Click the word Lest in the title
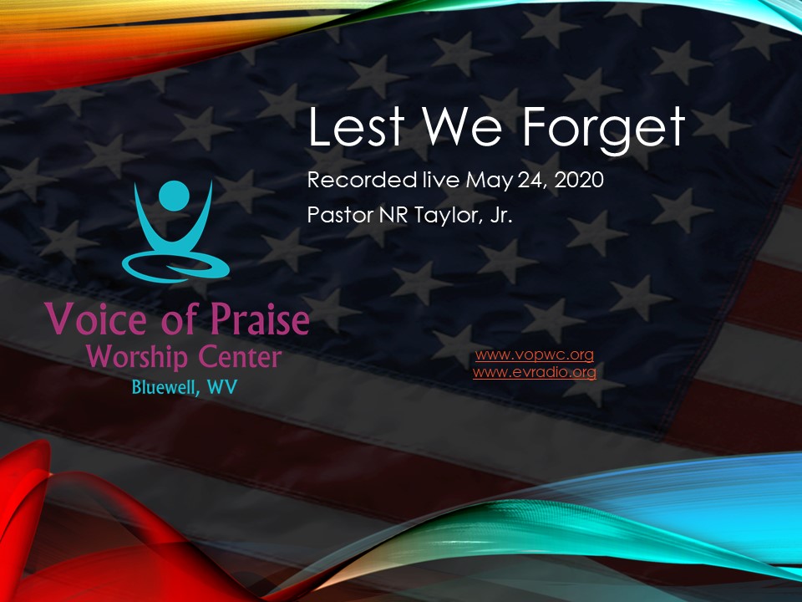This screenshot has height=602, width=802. (x=353, y=129)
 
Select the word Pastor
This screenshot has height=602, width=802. (x=338, y=213)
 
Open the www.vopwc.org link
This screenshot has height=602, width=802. (x=534, y=355)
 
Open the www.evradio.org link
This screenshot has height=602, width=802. (x=534, y=372)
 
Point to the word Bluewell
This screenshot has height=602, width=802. (x=163, y=388)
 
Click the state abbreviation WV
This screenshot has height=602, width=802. (x=221, y=388)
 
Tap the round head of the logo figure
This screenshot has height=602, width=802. (x=175, y=194)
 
